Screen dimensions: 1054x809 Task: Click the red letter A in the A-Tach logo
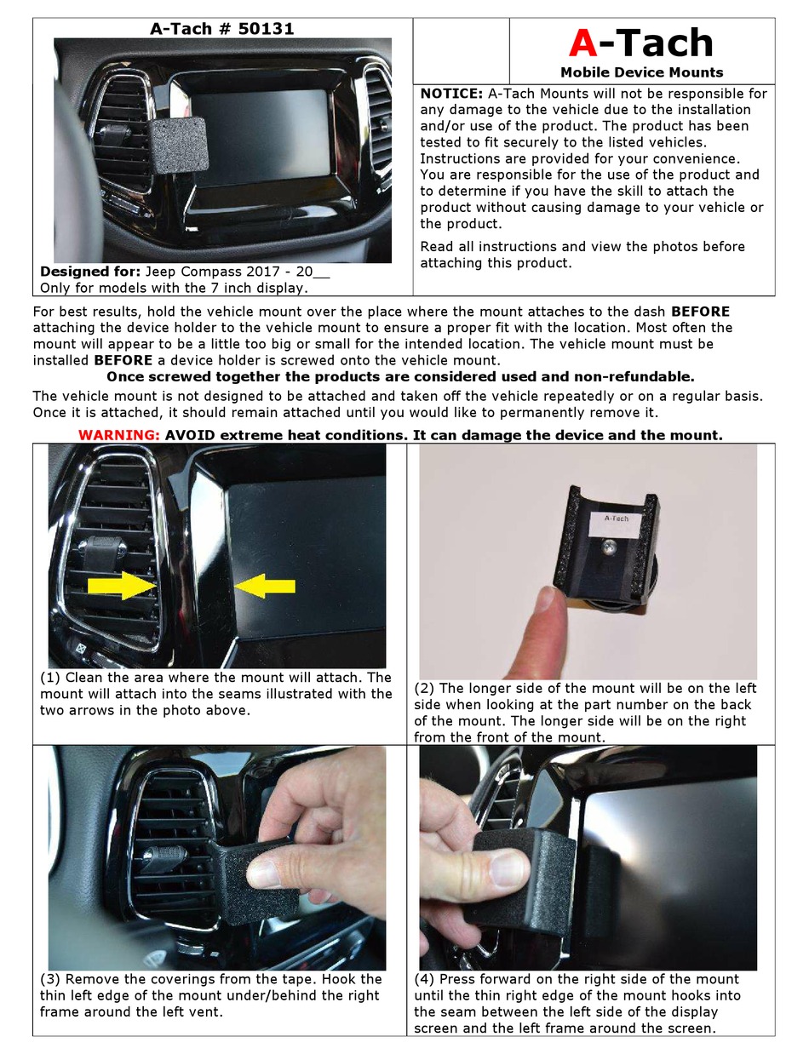[x=584, y=43]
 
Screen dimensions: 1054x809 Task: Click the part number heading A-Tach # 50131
[x=222, y=28]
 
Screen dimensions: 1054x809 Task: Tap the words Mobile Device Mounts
[x=641, y=72]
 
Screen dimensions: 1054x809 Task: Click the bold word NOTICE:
[x=451, y=94]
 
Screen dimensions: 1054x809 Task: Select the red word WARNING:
[x=118, y=435]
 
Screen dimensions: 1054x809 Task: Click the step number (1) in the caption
[x=49, y=678]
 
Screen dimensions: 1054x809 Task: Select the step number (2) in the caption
[x=424, y=688]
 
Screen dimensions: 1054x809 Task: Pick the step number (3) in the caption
[x=49, y=979]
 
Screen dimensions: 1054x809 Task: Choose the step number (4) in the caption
[x=424, y=979]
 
